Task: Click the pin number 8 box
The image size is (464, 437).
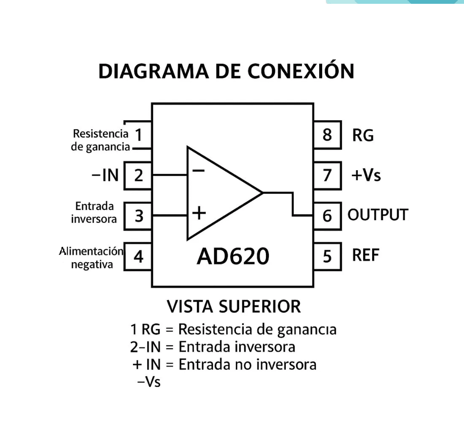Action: point(327,135)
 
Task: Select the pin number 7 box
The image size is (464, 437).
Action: point(327,175)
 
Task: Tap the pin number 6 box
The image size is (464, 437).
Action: point(327,216)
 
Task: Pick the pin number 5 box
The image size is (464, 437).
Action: point(327,256)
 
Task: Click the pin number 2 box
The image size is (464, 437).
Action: point(138,175)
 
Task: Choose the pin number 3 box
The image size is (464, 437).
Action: point(138,216)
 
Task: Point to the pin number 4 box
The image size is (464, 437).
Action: point(138,256)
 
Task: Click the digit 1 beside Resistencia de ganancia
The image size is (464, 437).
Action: point(138,135)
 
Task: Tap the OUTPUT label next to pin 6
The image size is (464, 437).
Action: point(378,215)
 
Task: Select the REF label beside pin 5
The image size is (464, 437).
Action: point(366,255)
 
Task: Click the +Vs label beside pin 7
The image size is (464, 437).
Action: point(366,175)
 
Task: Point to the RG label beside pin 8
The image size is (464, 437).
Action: point(363,135)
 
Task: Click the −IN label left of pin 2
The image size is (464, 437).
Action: point(105,175)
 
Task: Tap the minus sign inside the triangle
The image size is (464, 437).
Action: point(198,171)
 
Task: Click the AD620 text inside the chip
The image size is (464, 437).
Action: point(232,257)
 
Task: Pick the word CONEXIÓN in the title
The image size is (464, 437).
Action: point(301,72)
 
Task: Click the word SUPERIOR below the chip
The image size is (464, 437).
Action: point(260,307)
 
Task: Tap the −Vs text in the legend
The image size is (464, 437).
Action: point(149,382)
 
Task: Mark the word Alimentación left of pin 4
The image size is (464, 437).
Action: point(91,251)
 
